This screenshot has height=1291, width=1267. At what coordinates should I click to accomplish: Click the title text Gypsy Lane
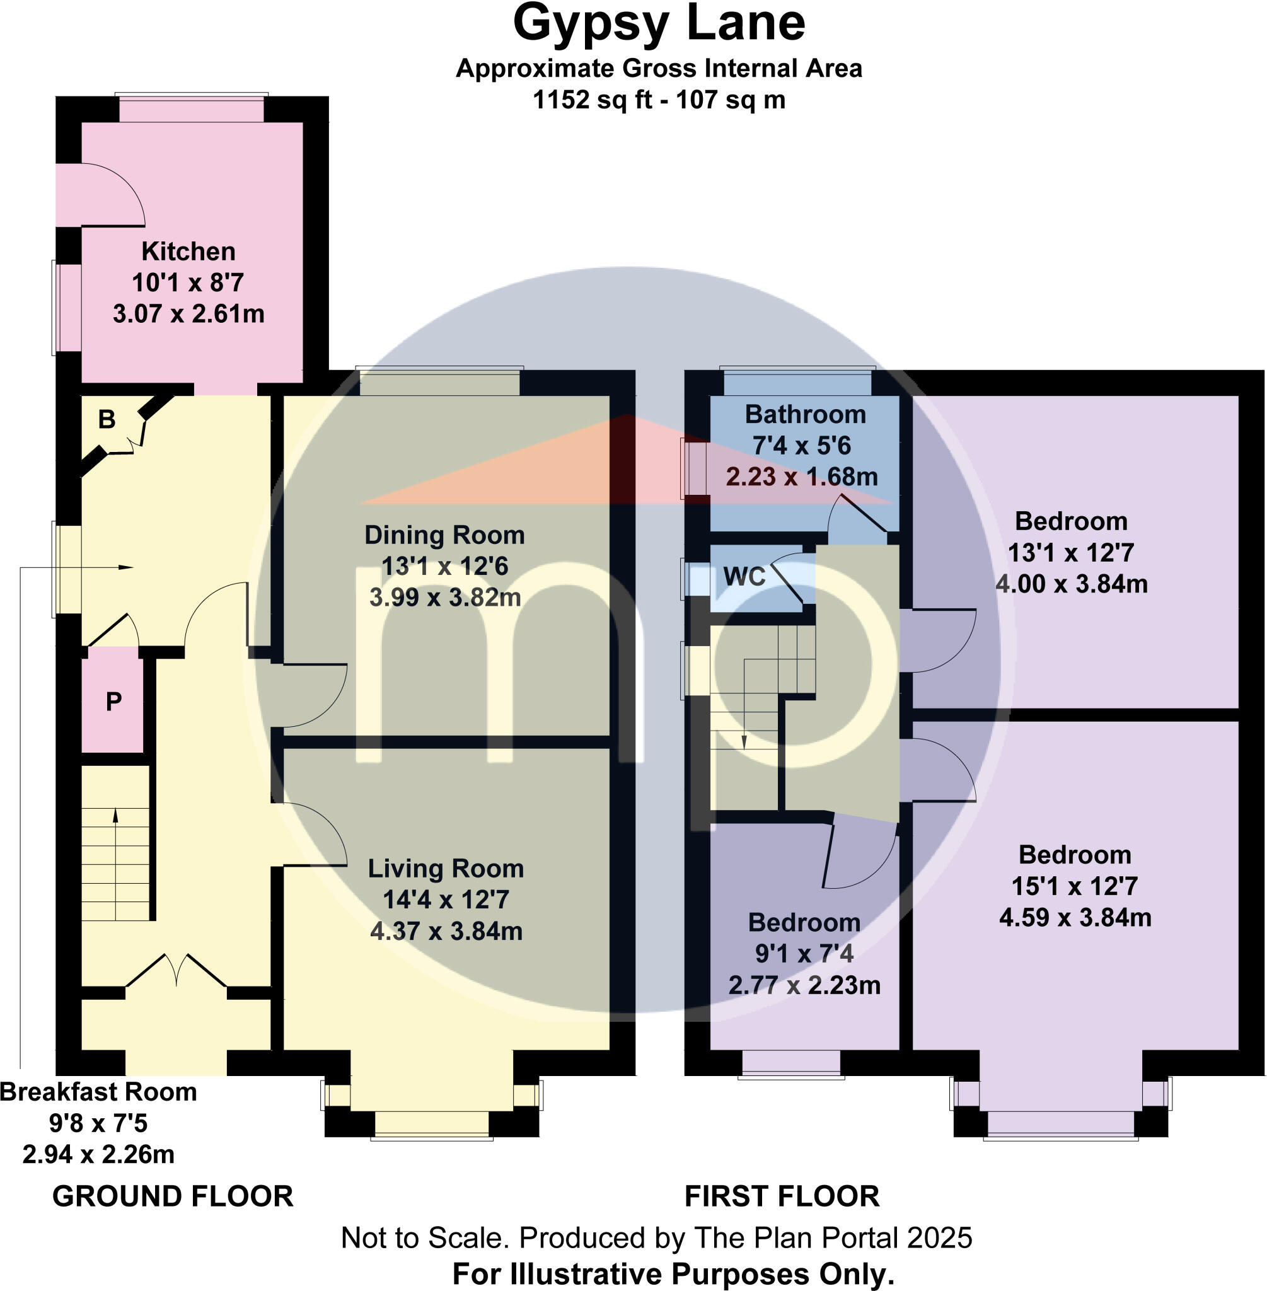coord(659,24)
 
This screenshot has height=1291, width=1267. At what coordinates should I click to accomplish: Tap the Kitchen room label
coord(188,252)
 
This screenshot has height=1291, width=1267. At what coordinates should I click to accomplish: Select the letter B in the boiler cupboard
coord(107,419)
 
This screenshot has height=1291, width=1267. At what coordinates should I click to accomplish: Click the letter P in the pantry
coord(114,701)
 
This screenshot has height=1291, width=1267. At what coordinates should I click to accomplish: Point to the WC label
coord(744,576)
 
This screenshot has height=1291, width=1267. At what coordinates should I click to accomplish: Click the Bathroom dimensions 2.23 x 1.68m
coord(802,477)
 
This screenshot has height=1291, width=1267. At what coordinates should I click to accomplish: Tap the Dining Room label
coord(444,535)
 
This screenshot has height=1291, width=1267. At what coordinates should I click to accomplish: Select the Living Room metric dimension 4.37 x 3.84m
coord(446,930)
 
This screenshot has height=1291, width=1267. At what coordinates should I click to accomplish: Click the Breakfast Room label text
coord(98,1092)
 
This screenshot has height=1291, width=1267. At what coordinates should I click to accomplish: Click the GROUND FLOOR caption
coord(173,1196)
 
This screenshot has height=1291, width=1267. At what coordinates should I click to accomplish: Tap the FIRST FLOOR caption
coord(782,1196)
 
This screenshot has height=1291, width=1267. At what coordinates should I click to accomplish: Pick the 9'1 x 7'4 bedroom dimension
coord(804,954)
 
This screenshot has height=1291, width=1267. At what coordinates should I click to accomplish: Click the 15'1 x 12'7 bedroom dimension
coord(1075,886)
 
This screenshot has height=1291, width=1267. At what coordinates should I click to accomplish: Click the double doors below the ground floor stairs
coord(176,971)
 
